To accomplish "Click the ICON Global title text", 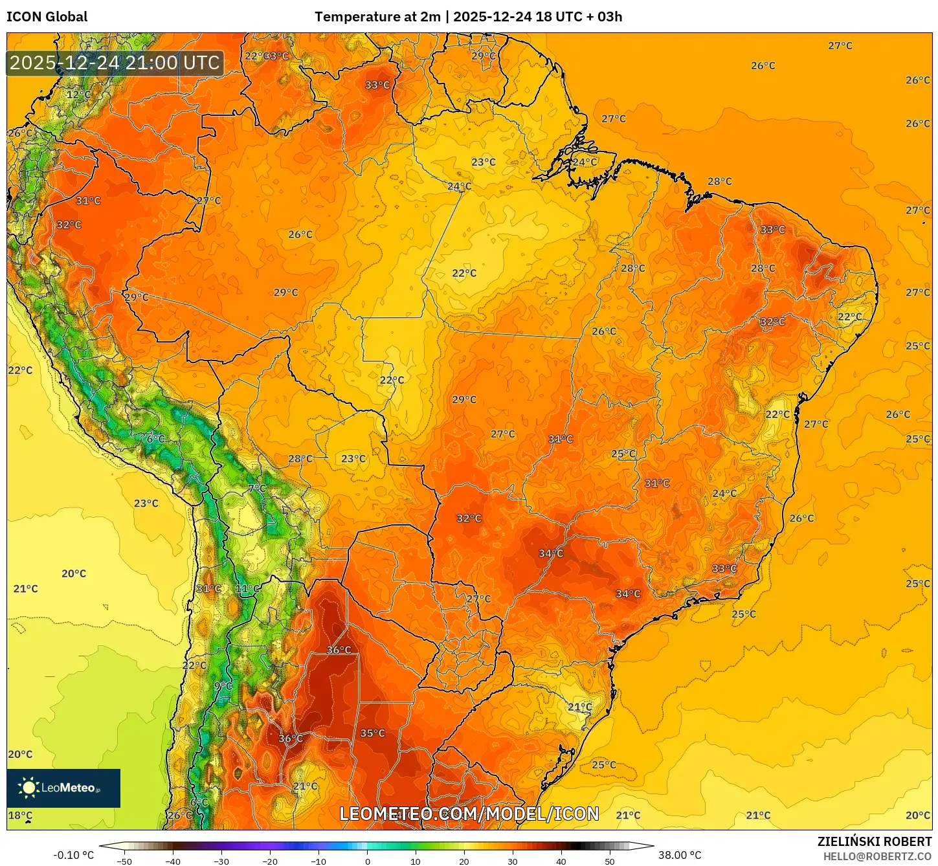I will [47, 17].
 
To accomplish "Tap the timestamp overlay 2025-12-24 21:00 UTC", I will [115, 63].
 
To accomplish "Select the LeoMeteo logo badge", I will [63, 788].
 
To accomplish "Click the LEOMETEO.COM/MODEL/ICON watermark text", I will [469, 814].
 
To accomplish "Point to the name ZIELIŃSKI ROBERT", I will [874, 841].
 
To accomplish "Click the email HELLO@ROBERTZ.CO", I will [877, 856].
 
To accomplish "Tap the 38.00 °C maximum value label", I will [680, 855].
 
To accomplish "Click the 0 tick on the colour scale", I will [367, 861].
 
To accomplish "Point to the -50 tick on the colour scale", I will [124, 861].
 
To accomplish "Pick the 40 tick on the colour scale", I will [561, 861].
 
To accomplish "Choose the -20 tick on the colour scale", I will [270, 861].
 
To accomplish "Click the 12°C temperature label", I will [79, 94].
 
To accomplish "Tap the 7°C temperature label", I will [257, 488].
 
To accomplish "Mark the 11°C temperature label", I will [247, 588].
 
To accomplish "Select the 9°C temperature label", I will [223, 686].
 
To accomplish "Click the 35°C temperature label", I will [372, 733].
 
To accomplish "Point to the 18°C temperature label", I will [20, 816].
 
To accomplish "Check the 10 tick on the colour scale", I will [416, 861].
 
